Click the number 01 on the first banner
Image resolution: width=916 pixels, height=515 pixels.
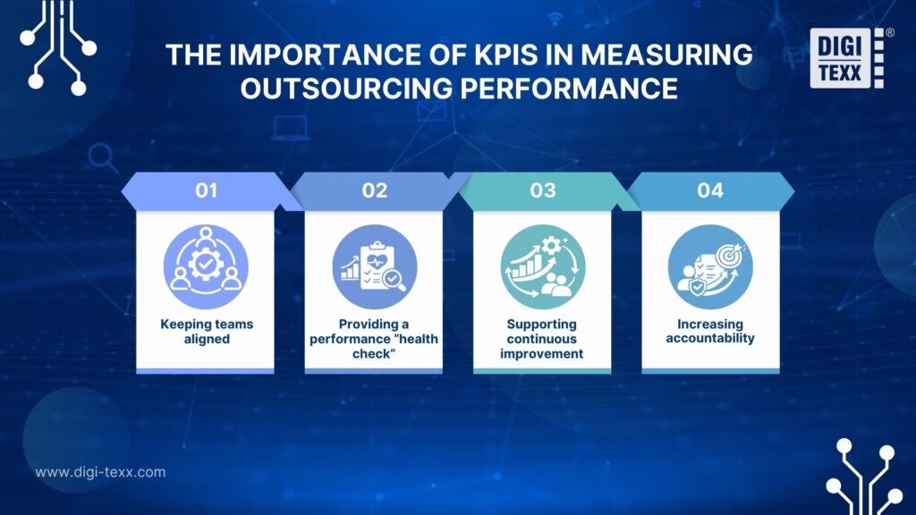pos(206,190)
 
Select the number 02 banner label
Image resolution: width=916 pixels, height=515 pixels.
pos(374,190)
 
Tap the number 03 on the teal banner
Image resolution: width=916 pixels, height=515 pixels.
pos(542,190)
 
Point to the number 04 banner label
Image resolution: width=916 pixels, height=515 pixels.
pos(710,190)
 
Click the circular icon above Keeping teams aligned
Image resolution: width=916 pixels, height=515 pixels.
pos(206,266)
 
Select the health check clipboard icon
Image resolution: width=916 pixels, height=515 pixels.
pos(374,266)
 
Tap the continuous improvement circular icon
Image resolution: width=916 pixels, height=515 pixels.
pos(542,266)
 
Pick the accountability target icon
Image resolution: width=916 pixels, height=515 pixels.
pos(710,266)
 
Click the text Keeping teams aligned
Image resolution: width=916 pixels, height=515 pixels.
pos(206,331)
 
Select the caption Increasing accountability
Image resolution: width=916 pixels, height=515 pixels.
pos(710,331)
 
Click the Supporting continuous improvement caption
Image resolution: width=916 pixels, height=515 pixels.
pos(542,338)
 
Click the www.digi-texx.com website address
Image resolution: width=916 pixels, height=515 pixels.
pos(100,472)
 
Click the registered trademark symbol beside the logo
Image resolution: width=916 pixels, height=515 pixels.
pos(889,32)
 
